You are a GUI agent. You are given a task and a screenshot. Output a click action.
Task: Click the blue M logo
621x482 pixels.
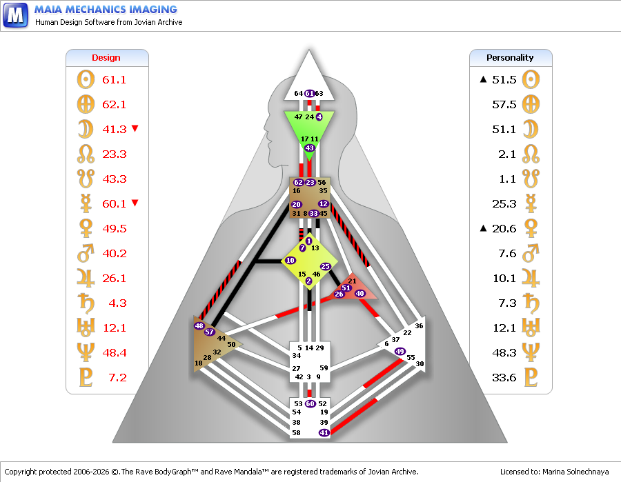(15, 15)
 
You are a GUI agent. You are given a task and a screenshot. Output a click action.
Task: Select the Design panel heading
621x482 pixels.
(106, 58)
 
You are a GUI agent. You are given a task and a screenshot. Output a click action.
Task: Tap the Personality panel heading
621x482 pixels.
(510, 58)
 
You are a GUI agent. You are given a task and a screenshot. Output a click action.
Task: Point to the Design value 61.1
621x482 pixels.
(114, 79)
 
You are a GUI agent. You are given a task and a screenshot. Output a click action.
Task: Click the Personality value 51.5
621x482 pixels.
(504, 79)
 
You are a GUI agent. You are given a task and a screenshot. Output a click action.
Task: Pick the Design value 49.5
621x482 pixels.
(115, 229)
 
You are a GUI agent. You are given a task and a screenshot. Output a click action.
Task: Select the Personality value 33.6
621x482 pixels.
(504, 377)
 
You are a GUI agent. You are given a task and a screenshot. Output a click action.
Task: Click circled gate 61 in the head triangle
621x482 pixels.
(310, 93)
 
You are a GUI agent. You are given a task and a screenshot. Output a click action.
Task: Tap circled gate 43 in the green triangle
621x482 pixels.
(309, 148)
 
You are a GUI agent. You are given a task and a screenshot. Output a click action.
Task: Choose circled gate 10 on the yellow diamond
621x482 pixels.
(290, 261)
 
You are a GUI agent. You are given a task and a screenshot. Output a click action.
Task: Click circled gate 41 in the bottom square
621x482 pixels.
(324, 432)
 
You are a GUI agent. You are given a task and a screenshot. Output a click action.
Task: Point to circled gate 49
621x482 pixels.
(400, 351)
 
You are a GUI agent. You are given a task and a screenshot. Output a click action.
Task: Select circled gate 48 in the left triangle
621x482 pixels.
(199, 325)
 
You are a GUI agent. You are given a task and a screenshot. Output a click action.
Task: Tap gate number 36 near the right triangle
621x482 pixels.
(419, 325)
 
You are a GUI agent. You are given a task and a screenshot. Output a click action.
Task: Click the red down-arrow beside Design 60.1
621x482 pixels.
(135, 203)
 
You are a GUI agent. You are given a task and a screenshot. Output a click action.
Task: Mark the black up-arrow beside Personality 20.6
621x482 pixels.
(483, 228)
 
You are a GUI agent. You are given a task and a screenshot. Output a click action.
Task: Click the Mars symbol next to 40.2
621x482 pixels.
(86, 253)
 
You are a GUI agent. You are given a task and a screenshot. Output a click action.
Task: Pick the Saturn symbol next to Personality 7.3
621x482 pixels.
(531, 303)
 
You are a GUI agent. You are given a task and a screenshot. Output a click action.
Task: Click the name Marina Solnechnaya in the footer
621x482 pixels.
(575, 472)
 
